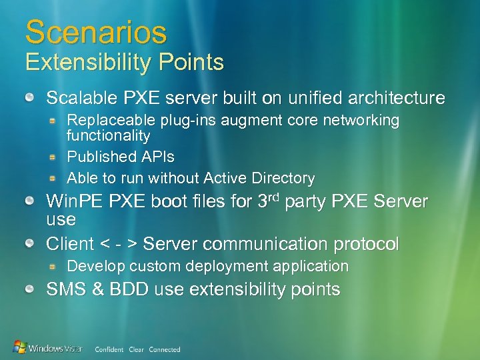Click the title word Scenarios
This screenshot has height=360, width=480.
point(96,31)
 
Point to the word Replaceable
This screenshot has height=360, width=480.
point(111,121)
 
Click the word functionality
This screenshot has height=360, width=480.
point(109,135)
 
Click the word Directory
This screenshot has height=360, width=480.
point(283,178)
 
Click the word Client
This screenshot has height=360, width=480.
point(69,244)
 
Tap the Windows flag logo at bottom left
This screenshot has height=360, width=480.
point(20,347)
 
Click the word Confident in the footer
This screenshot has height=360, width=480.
point(109,349)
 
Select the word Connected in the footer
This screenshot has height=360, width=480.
point(165,349)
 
